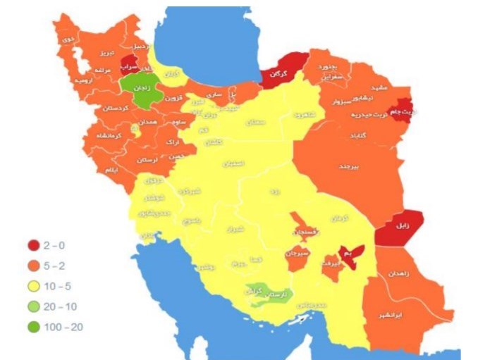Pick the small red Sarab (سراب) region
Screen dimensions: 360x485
coord(128,66)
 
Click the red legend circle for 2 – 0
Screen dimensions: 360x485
coord(33,245)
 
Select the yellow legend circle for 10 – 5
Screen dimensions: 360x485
coord(33,286)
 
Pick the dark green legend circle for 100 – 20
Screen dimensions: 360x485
coord(33,327)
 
